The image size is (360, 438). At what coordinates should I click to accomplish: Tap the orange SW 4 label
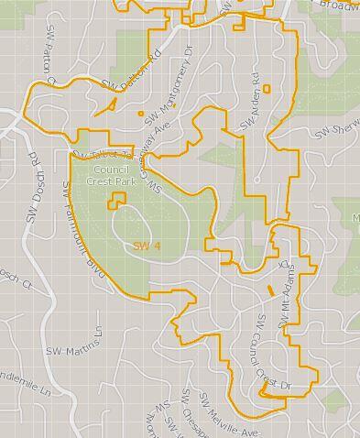147,246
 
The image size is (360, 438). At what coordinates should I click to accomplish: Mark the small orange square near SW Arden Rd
267,89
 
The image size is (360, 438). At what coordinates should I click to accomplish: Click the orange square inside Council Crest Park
117,201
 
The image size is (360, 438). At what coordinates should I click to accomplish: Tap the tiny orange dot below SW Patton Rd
141,114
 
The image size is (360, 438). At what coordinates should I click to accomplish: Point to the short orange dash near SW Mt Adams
270,290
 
